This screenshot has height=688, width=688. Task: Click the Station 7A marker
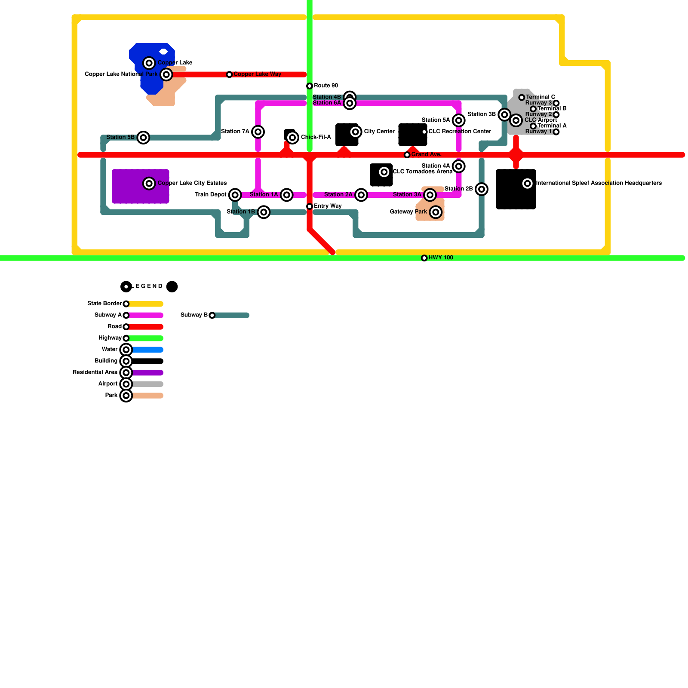coord(258,132)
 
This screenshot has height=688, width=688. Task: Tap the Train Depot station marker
coord(235,195)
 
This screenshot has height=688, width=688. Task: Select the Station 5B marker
coord(143,138)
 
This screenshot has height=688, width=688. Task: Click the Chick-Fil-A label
coord(316,137)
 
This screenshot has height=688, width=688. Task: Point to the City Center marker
coord(355,132)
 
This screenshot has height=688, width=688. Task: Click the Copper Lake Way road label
coord(257,74)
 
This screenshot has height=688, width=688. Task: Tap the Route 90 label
coord(326,86)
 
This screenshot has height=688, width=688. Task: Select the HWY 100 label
coord(440,258)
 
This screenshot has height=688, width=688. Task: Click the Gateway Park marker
coord(436,212)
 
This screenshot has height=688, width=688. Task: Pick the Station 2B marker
coord(482,189)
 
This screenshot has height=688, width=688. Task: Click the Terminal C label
coord(540,97)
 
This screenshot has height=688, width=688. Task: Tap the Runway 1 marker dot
coord(556,132)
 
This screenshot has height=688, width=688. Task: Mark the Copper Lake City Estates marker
coord(149,184)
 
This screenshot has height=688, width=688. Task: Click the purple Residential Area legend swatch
coord(147,373)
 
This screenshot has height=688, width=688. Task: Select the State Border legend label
coord(104,304)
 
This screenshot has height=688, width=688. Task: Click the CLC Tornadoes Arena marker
coord(384,172)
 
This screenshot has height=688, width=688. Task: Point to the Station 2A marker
coord(361,195)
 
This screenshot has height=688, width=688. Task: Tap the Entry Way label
coord(327,206)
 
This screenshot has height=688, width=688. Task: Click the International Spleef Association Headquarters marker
coord(528,184)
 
